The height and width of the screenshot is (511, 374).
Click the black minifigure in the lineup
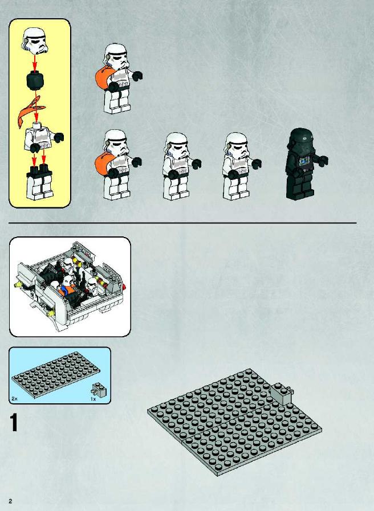click(305, 163)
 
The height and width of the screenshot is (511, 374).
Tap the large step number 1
click(14, 423)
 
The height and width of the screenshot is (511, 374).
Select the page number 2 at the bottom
click(10, 501)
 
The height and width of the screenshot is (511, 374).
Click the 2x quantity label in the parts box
click(14, 399)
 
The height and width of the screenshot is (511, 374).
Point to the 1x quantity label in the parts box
click(93, 399)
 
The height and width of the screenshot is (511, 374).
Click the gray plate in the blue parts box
click(56, 375)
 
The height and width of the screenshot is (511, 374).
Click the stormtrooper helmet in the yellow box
click(35, 41)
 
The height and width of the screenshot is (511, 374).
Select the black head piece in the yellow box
click(35, 80)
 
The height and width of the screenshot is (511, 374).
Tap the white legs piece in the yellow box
click(39, 182)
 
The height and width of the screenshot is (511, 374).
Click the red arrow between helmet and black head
click(35, 63)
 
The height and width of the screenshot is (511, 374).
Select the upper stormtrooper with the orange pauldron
click(118, 79)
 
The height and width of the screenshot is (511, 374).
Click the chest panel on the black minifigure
click(304, 161)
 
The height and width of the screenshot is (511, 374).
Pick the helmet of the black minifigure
click(300, 141)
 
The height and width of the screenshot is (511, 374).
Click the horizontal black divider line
click(182, 223)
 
